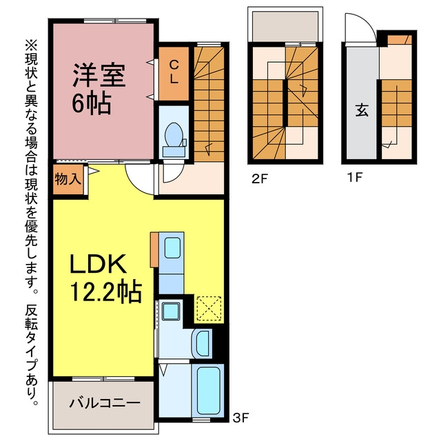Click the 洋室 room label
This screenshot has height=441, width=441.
[99, 75]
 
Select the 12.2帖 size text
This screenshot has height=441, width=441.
[105, 291]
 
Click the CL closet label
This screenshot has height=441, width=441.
[174, 72]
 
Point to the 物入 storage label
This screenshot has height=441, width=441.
[68, 179]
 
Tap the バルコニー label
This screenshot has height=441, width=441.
[105, 403]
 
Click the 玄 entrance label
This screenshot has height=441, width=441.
[362, 110]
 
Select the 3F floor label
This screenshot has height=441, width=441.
[241, 418]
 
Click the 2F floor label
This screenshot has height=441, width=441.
[259, 178]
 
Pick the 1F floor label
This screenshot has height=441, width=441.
[355, 178]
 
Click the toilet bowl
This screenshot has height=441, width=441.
[174, 135]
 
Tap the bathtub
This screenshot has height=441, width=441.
[208, 391]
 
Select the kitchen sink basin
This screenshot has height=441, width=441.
[172, 248]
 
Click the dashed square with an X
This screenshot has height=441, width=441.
[209, 308]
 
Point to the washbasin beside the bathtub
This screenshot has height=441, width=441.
[202, 344]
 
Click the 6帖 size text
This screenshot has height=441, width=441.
[92, 103]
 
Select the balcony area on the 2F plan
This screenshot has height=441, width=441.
[285, 26]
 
